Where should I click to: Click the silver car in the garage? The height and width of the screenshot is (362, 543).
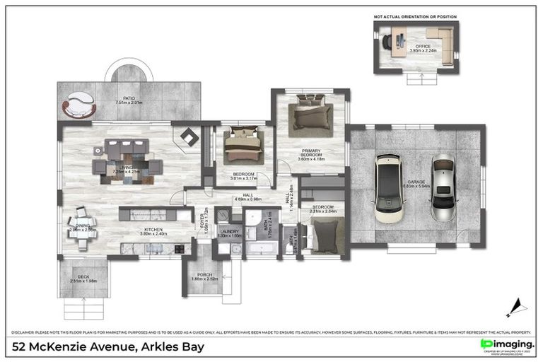pyautogui.click(x=442, y=187)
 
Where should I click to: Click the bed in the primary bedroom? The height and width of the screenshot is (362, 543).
pyautogui.click(x=312, y=117)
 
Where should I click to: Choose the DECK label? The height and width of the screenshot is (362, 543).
pyautogui.click(x=83, y=278)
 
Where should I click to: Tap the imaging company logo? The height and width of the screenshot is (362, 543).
pyautogui.click(x=506, y=344)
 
